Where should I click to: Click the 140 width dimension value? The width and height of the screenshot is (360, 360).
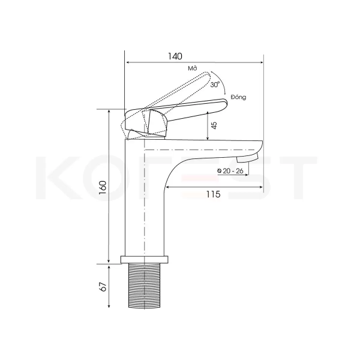[175, 56]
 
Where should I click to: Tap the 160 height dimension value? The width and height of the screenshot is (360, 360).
[103, 188]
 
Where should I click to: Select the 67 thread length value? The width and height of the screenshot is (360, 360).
[104, 286]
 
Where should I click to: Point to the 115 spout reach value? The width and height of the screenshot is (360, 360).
[213, 194]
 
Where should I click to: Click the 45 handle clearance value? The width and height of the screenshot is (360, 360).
[214, 125]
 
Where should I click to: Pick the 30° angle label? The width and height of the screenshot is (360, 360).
[215, 85]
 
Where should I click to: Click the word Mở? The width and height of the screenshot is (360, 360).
[193, 68]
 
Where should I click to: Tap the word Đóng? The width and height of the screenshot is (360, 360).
[239, 97]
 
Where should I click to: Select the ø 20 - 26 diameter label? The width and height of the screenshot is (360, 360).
[230, 171]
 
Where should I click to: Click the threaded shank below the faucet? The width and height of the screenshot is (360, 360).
[144, 286]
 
